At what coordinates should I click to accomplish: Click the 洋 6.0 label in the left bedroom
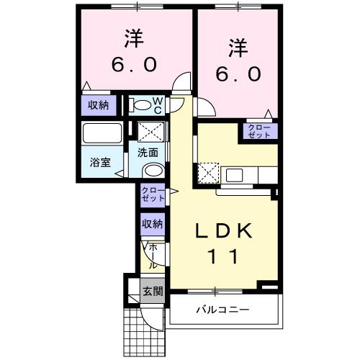(x=134, y=50)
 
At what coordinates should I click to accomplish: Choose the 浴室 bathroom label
(x=100, y=161)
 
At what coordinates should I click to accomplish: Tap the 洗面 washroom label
(x=150, y=153)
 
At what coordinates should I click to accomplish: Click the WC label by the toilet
(x=158, y=105)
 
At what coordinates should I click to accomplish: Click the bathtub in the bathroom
(x=102, y=134)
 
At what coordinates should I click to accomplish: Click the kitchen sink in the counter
(x=235, y=174)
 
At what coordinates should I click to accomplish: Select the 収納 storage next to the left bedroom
(x=99, y=105)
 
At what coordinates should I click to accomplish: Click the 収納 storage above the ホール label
(x=152, y=224)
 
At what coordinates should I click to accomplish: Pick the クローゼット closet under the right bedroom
(x=258, y=131)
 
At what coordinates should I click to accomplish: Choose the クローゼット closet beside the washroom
(x=152, y=195)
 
